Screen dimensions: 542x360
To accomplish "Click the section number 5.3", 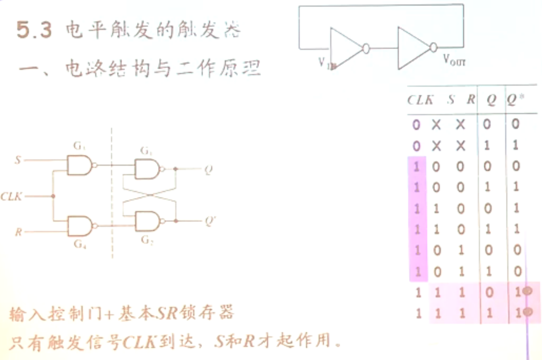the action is [34, 30].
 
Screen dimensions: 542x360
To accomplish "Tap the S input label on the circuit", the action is [18, 160].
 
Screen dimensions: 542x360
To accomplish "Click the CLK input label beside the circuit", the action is [11, 196].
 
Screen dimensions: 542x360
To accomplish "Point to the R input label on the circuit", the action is [18, 232].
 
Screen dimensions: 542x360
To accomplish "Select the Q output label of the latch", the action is [208, 170].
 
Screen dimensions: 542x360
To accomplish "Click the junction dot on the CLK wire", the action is [53, 196].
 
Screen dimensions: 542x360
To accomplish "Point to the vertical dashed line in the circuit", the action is [112, 190].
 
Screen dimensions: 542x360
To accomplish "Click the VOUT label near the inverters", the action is [454, 60].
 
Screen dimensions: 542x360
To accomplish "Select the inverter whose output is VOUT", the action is [413, 48].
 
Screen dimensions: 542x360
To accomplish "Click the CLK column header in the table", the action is [420, 100].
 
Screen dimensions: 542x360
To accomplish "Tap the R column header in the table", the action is [471, 99].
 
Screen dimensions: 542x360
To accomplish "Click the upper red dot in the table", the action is [527, 291].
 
